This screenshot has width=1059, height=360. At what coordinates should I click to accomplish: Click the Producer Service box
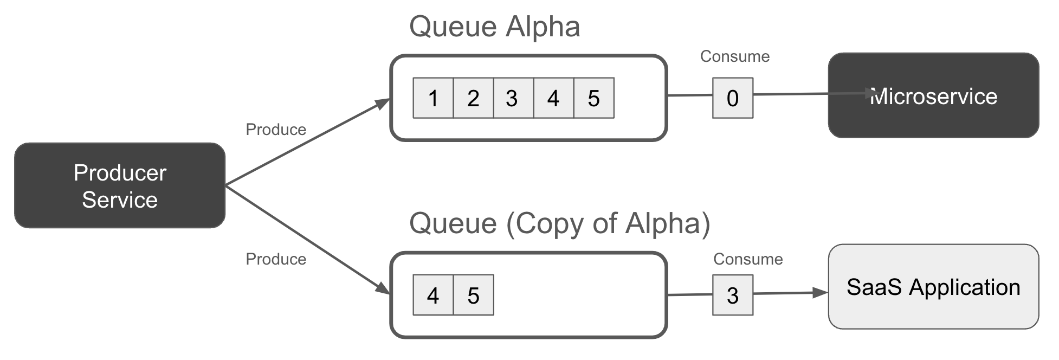pyautogui.click(x=119, y=185)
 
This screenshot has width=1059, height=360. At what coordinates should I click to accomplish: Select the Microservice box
pyautogui.click(x=933, y=95)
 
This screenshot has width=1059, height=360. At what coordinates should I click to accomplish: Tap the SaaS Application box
pyautogui.click(x=933, y=286)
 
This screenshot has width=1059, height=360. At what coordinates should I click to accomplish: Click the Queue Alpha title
pyautogui.click(x=494, y=27)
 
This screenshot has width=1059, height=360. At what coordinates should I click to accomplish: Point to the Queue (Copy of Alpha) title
pyautogui.click(x=559, y=223)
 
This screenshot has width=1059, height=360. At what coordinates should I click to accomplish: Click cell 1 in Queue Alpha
pyautogui.click(x=433, y=98)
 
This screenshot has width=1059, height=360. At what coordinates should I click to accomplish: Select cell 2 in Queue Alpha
pyautogui.click(x=473, y=98)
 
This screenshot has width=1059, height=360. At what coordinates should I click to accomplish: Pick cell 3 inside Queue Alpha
pyautogui.click(x=513, y=98)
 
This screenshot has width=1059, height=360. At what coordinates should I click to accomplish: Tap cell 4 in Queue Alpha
pyautogui.click(x=553, y=98)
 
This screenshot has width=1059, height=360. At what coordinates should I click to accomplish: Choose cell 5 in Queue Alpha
pyautogui.click(x=593, y=98)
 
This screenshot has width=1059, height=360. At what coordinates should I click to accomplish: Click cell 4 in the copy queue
pyautogui.click(x=433, y=295)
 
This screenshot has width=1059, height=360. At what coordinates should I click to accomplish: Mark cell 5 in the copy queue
pyautogui.click(x=473, y=295)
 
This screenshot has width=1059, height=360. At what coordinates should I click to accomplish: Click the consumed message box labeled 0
pyautogui.click(x=732, y=98)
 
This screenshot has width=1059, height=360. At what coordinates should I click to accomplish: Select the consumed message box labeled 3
pyautogui.click(x=732, y=295)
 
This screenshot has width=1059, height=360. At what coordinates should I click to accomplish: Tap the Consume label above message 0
pyautogui.click(x=734, y=56)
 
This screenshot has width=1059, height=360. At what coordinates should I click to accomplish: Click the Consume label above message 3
pyautogui.click(x=747, y=259)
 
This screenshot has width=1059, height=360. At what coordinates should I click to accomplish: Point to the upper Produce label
pyautogui.click(x=276, y=130)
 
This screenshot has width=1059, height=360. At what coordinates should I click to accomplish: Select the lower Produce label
pyautogui.click(x=276, y=259)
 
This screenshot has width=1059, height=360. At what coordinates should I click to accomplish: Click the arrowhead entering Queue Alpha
pyautogui.click(x=384, y=102)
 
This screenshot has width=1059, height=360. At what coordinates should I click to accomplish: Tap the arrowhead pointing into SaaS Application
pyautogui.click(x=821, y=293)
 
